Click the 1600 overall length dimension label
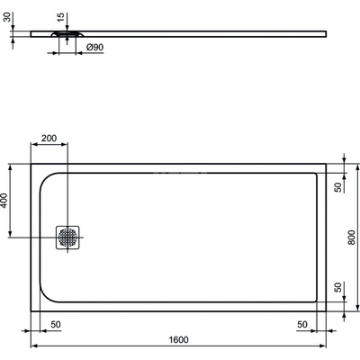178,339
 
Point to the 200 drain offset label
49,139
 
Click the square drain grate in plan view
68,237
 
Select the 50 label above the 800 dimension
337,186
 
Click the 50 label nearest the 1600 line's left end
55,323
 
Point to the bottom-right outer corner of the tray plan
326,310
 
